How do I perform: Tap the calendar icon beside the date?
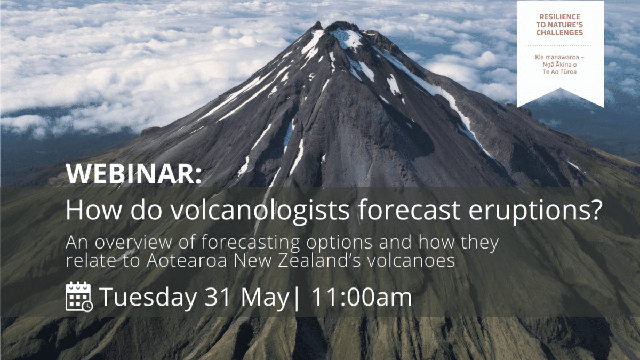79,297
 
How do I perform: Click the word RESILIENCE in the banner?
560,17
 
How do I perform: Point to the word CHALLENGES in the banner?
560,33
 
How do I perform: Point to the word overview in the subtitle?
134,243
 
